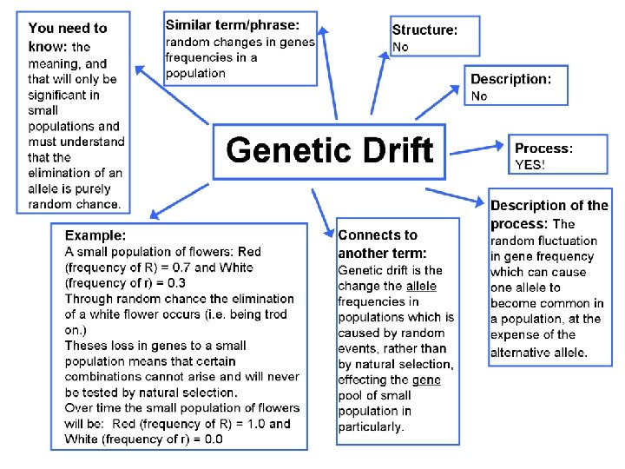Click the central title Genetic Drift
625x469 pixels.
pos(329,150)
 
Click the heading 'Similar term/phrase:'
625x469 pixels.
pos(232,24)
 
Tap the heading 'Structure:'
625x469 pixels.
pos(424,30)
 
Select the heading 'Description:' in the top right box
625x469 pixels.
pos(510,79)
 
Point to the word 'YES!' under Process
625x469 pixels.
pos(530,164)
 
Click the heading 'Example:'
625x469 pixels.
pos(95,234)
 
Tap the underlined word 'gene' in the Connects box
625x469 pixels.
pos(425,380)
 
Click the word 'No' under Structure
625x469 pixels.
pos(400,47)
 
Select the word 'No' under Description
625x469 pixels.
pos(479,96)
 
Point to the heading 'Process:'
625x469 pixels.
pos(544,149)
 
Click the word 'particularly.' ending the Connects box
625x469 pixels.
pos(371,427)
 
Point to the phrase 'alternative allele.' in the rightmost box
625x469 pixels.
pos(538,352)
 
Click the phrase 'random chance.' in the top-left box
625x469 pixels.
pos(74,204)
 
